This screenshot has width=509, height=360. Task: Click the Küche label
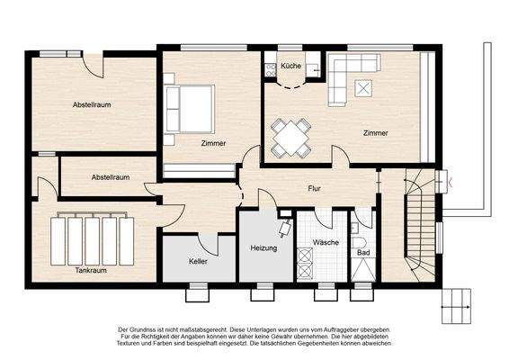tap(290, 67)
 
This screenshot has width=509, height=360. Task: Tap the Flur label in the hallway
tap(314, 189)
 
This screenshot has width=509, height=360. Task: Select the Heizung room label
tap(264, 247)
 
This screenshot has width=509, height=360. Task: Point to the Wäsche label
tap(326, 243)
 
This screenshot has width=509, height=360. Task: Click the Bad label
tap(362, 254)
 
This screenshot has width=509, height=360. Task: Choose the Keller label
tap(199, 261)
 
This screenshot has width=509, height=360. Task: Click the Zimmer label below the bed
tap(213, 143)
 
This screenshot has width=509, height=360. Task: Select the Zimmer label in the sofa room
tap(376, 133)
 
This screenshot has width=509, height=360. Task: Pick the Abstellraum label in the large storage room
tap(92, 105)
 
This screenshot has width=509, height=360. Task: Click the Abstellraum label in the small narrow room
tap(111, 177)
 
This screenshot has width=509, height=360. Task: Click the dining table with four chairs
tap(291, 138)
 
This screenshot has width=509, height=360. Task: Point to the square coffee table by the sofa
tap(365, 88)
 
